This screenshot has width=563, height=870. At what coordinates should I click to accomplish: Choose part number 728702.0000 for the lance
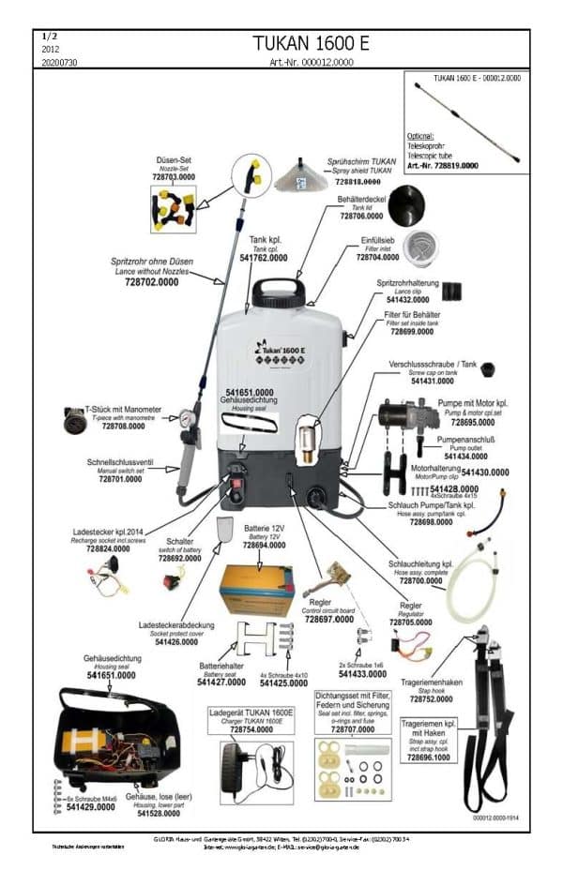click(x=151, y=281)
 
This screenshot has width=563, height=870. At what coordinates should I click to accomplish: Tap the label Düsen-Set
click(x=174, y=160)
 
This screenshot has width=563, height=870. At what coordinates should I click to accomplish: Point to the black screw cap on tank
click(x=488, y=368)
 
